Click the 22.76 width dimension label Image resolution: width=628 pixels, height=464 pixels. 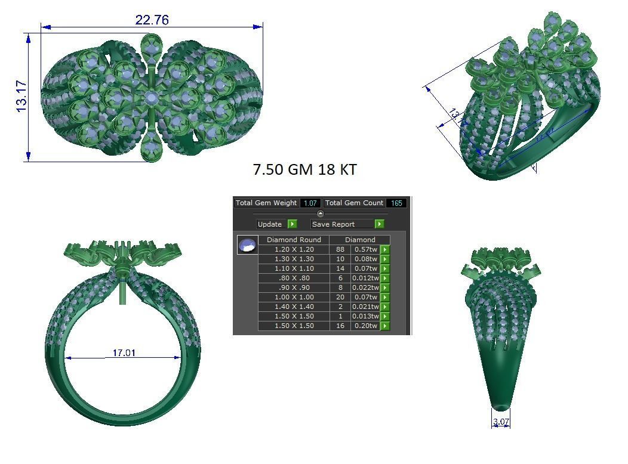point(152,20)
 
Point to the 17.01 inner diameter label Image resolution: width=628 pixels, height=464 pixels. point(124,353)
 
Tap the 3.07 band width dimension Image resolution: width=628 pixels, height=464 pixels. point(501,422)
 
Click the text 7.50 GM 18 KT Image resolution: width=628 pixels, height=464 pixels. point(304,170)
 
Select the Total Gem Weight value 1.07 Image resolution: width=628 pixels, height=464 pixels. point(310,203)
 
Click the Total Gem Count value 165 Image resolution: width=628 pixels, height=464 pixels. point(396,203)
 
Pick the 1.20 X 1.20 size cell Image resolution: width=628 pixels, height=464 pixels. point(294,249)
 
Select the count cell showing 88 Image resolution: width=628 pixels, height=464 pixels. point(340,249)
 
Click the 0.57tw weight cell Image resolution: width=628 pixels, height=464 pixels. point(365,249)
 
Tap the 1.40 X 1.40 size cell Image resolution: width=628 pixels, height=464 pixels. point(294,307)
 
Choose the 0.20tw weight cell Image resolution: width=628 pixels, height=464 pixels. point(365,326)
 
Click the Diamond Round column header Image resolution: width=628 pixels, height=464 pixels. point(294,240)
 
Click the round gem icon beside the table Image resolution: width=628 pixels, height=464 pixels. point(247,245)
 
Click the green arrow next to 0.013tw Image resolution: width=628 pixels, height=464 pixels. point(385,316)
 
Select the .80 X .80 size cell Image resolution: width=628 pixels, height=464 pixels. point(294,278)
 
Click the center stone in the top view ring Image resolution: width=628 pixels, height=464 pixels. point(152,97)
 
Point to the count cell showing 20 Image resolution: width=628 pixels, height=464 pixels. point(340,297)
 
